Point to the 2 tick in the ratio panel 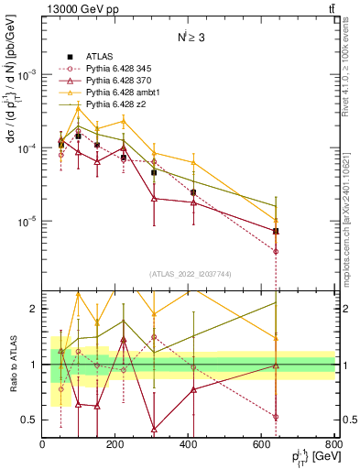[x=33, y=309]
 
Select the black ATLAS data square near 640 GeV [x=276, y=231]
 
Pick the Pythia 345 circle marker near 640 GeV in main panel [x=276, y=251]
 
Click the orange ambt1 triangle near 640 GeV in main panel [x=276, y=219]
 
